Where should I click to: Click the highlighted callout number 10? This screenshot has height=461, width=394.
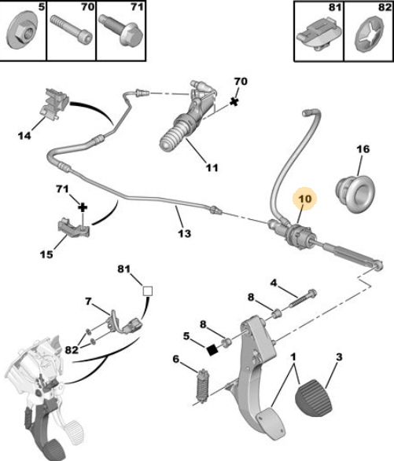tap(305, 199)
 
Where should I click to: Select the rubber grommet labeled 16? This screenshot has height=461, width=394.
tap(355, 193)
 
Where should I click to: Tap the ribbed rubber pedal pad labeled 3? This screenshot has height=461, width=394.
tap(313, 398)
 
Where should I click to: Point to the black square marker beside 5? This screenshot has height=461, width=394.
tap(212, 349)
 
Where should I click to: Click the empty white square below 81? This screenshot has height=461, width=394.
tap(148, 291)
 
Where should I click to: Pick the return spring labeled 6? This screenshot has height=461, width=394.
tap(203, 386)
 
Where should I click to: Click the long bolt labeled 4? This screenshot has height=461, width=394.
tap(303, 298)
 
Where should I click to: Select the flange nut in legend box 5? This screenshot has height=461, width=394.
tap(21, 31)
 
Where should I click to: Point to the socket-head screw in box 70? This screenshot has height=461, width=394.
tap(71, 29)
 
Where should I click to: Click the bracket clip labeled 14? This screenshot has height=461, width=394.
tap(54, 104)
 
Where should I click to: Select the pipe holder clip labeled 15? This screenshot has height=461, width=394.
tap(73, 229)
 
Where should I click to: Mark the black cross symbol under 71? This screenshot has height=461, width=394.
tap(83, 207)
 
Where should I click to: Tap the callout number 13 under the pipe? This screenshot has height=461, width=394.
tap(185, 233)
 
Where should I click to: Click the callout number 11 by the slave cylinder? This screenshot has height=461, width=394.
tap(212, 168)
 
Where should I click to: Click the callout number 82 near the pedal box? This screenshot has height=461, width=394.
tap(72, 349)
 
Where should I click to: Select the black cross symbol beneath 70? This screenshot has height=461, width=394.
tap(234, 102)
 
